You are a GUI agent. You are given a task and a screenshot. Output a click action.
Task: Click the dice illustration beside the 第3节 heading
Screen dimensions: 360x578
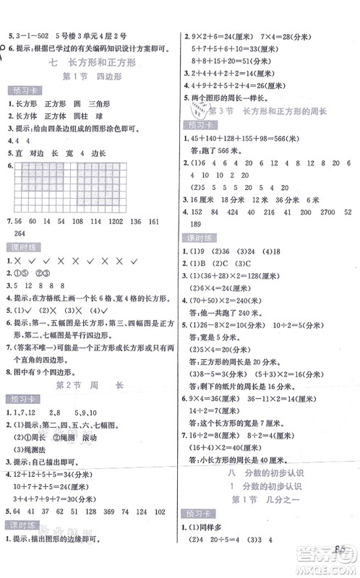pyautogui.click(x=197, y=110)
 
